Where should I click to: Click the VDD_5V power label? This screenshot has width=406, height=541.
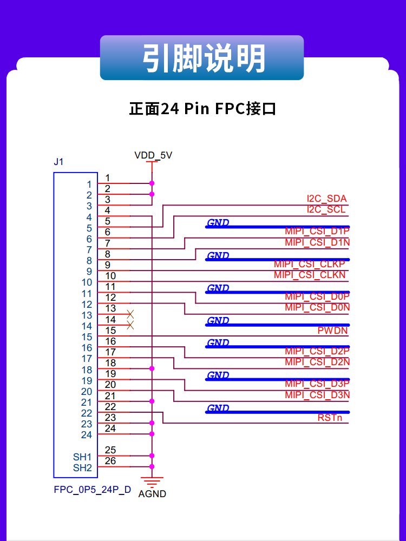[x=153, y=155]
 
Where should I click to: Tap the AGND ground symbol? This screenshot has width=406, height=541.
[x=152, y=482]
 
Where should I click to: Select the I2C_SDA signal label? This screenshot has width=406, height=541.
[x=326, y=199]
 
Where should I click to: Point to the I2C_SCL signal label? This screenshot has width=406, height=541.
[x=326, y=209]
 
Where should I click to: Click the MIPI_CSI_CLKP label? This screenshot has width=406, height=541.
[x=309, y=264]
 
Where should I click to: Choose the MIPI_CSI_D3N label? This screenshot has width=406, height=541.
[x=317, y=395]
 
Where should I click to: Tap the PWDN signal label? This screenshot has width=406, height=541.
[x=332, y=331]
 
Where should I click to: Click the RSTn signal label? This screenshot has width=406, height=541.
[x=330, y=418]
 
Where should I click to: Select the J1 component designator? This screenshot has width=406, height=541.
[x=58, y=161]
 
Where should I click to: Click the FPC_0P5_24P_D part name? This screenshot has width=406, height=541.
[x=93, y=490]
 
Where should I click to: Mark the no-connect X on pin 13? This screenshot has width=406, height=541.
[x=130, y=314]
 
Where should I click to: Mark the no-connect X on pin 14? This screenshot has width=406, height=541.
[x=130, y=325]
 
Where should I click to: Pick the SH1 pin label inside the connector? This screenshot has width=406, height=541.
[x=82, y=457]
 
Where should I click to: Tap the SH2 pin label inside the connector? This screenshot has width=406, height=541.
[x=82, y=468]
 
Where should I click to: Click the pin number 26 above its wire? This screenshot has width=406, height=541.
[x=110, y=461]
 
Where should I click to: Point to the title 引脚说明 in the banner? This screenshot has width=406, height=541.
[x=204, y=58]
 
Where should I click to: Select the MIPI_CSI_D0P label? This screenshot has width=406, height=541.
[x=317, y=296]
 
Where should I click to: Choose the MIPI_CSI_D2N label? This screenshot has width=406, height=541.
[x=317, y=362]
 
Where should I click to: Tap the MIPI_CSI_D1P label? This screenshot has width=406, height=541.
[x=317, y=231]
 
